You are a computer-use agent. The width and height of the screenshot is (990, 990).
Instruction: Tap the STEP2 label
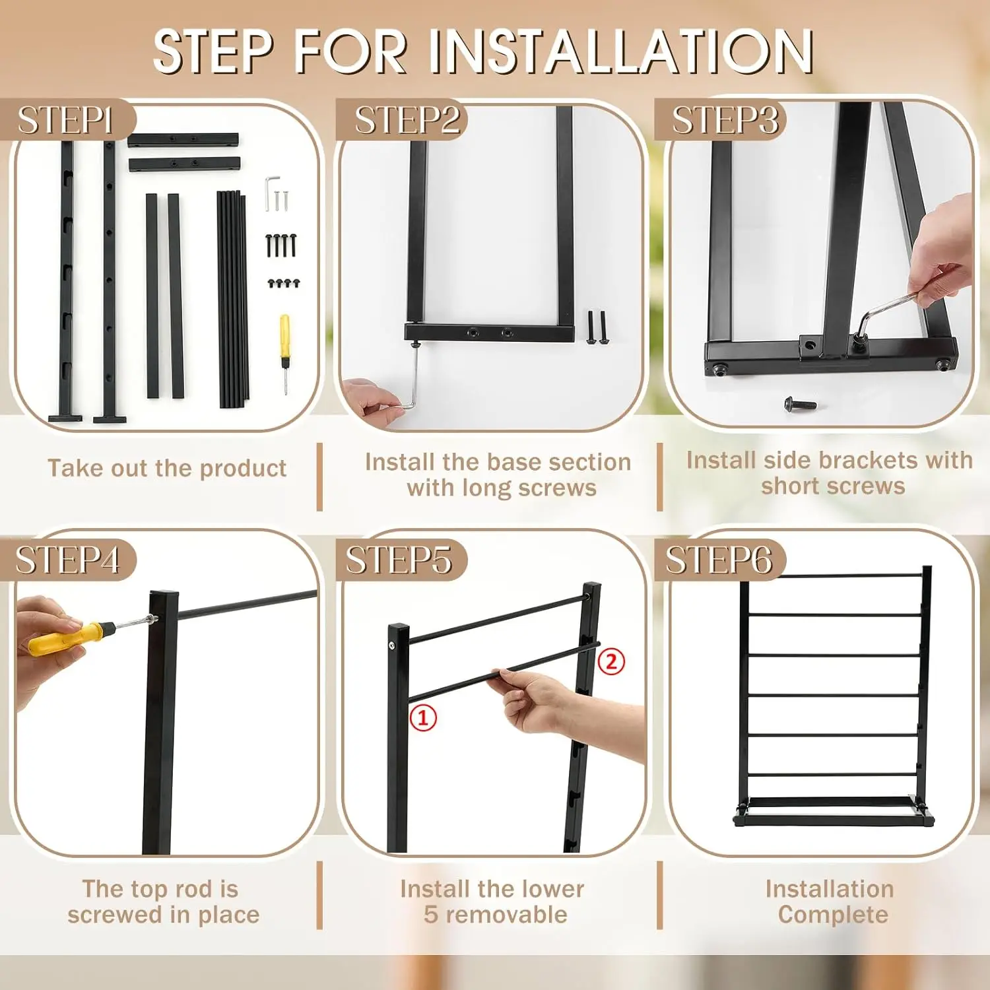click(x=407, y=121)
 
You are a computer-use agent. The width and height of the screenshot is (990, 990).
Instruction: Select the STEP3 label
click(x=725, y=121)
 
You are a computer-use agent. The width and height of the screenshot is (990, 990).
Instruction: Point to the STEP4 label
click(x=67, y=560)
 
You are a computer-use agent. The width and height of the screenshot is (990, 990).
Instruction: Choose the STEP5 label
click(x=399, y=560)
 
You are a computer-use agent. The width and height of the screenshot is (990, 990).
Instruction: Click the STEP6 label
click(x=718, y=560)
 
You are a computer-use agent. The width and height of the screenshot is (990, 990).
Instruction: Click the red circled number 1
click(x=423, y=717)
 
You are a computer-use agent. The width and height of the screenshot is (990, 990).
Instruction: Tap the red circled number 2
click(x=611, y=661)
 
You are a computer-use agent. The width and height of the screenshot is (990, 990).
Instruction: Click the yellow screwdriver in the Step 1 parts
click(x=285, y=354)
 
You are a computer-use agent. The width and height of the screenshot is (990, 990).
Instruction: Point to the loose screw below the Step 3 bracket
click(x=800, y=403)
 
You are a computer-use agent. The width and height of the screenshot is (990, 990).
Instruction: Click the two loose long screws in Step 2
click(x=597, y=327)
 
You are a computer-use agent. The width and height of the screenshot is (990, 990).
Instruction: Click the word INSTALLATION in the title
click(x=622, y=51)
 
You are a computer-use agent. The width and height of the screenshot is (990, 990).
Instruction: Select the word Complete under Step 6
click(x=833, y=915)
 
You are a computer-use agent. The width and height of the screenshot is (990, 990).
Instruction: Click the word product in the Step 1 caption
click(x=243, y=469)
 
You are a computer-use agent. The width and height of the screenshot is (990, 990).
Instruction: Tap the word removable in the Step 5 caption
click(x=507, y=915)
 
